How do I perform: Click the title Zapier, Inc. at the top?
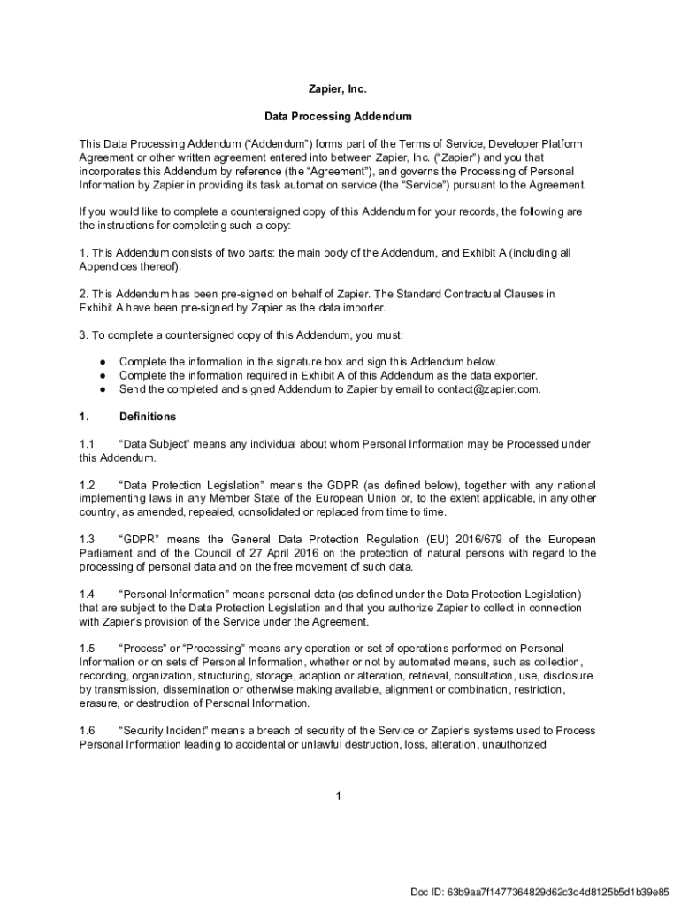337,89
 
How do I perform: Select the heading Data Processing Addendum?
338,116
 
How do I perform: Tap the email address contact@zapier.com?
488,388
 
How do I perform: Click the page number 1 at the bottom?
338,796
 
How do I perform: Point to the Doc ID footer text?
539,891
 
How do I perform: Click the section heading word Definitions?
148,417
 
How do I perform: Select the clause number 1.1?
87,444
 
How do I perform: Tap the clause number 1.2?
87,486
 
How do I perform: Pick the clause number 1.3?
87,540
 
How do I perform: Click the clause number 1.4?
87,595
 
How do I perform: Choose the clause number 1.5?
87,649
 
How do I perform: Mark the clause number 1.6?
87,731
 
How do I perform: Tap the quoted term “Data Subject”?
149,444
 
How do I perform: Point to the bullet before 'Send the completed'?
103,388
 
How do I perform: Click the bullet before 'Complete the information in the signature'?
103,362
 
